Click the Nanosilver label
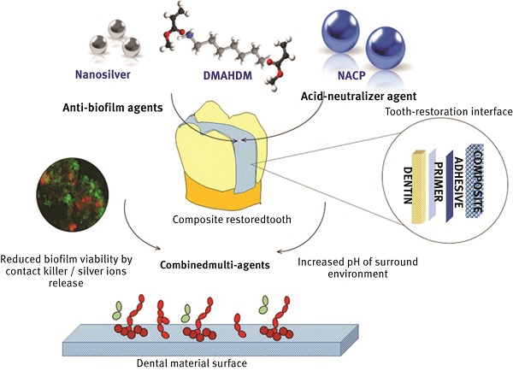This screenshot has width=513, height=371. click(x=103, y=74)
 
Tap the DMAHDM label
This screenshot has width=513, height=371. click(x=227, y=75)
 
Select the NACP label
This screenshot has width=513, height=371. click(x=351, y=75)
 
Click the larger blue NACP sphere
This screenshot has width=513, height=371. click(x=385, y=48)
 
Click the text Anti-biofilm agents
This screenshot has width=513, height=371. click(x=113, y=108)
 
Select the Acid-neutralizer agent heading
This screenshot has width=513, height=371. click(x=359, y=97)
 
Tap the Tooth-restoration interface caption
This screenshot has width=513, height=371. click(x=449, y=112)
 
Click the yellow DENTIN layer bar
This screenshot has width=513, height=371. click(x=420, y=186)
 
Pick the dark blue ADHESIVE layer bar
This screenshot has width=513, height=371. click(x=449, y=186)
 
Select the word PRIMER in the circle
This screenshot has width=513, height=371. click(x=438, y=181)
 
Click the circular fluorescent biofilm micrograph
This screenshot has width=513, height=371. click(x=73, y=194)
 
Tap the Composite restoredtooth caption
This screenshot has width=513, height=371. click(x=232, y=219)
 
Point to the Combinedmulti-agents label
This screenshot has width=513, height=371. click(x=215, y=264)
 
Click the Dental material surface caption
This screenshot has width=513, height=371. click(x=192, y=363)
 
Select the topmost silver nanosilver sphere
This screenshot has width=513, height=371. click(x=117, y=29)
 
